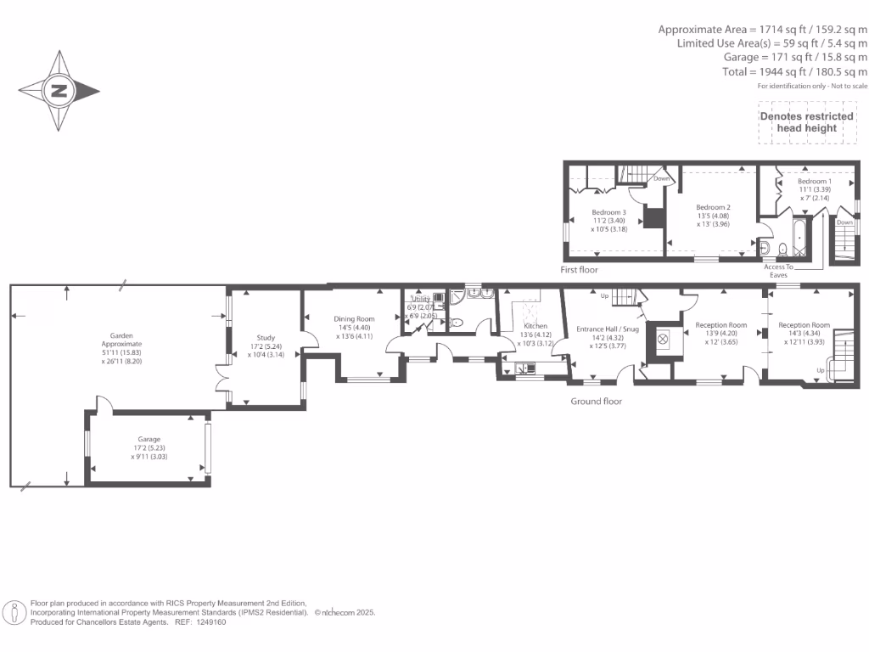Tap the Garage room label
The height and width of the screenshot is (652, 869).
tap(149, 439)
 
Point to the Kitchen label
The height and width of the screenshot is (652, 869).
tap(535, 326)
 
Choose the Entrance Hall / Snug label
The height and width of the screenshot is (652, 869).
tap(607, 329)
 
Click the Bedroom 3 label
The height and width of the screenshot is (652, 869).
tap(608, 212)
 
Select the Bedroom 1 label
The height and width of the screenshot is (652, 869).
tap(814, 182)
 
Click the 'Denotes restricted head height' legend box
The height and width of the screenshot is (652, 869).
tap(806, 122)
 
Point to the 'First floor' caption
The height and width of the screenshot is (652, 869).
tap(579, 270)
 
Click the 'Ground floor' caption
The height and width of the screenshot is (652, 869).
tap(596, 402)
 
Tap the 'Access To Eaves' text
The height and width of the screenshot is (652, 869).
tap(778, 271)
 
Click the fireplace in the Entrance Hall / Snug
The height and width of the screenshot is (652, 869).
tap(663, 339)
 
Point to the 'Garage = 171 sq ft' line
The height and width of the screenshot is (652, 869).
tap(795, 57)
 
